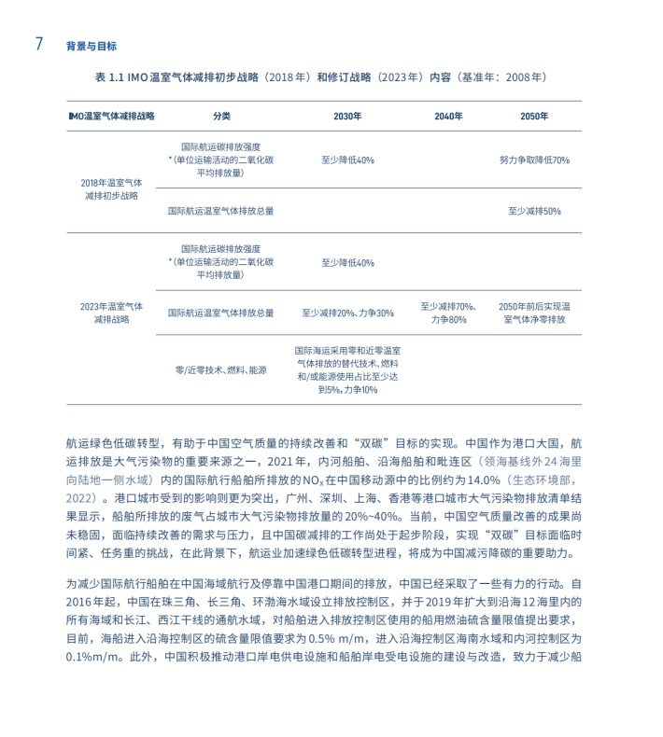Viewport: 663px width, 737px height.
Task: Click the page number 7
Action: tap(39, 44)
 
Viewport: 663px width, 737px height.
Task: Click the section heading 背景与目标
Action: tap(92, 45)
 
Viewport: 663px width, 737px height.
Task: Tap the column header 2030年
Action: tap(347, 117)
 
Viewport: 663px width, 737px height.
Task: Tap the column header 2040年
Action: tap(448, 117)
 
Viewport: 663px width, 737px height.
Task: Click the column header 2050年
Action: tap(534, 117)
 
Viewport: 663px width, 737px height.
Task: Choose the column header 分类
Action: tap(221, 117)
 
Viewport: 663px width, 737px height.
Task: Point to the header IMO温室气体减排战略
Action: tap(112, 117)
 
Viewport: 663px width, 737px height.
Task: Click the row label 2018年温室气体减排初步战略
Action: tap(111, 189)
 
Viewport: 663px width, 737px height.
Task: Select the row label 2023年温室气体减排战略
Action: tap(111, 313)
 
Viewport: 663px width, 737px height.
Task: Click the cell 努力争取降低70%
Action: tap(534, 160)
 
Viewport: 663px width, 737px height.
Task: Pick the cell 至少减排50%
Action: tap(534, 211)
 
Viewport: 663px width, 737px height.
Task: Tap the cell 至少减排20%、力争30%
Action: tap(347, 313)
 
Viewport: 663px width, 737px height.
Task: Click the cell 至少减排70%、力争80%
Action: tap(448, 313)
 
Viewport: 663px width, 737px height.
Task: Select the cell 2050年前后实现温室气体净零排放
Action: tap(534, 313)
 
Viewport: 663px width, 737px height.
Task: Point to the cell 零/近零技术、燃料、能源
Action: tap(221, 370)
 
